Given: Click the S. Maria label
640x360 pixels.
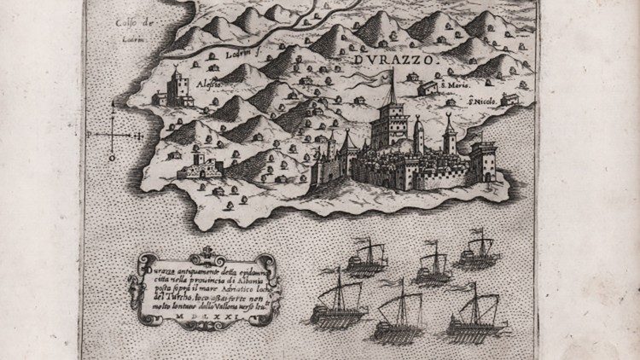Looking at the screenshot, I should coord(451,84).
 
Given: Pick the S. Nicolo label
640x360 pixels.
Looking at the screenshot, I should coord(482,102).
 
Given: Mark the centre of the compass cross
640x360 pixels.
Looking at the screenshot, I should coord(113,133).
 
